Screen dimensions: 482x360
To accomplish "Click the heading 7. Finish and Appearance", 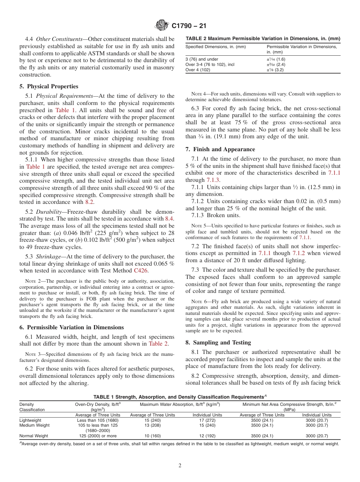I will click(x=220, y=149).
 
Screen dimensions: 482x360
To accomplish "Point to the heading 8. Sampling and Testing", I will click(x=218, y=343).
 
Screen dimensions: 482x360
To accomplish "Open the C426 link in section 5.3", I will click(x=141, y=271).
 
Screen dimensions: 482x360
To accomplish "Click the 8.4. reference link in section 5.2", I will click(x=169, y=218).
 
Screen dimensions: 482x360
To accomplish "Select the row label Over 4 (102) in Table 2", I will click(x=198, y=70).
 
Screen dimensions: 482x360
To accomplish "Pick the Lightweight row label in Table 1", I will click(x=30, y=420).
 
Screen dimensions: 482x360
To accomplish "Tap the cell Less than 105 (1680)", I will click(x=98, y=420).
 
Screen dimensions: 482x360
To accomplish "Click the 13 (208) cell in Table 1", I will click(x=152, y=425).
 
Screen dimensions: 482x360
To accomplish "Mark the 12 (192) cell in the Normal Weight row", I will click(x=207, y=436).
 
